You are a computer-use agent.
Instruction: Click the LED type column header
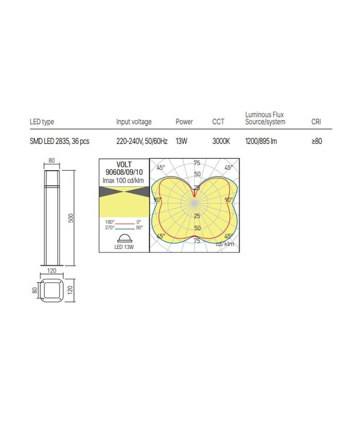tap(42, 122)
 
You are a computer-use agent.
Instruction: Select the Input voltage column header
tap(134, 122)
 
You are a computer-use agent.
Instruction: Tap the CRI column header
tap(316, 122)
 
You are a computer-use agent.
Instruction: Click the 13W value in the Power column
tap(181, 141)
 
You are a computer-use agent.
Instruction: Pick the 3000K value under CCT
tap(221, 141)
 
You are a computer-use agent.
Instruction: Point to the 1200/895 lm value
tap(261, 141)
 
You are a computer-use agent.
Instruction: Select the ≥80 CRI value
tap(317, 141)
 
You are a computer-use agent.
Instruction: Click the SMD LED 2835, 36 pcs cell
tap(59, 141)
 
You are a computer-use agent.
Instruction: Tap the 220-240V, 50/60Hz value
tap(141, 141)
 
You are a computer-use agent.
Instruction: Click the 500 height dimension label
tap(71, 218)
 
